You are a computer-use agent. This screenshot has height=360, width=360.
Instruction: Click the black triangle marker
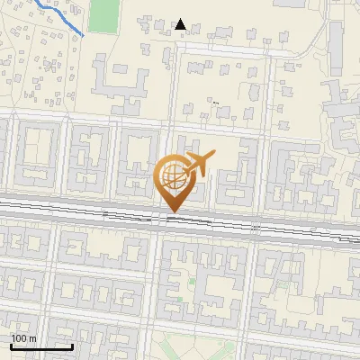click(181, 24)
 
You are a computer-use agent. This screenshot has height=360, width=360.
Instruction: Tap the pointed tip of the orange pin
click(172, 211)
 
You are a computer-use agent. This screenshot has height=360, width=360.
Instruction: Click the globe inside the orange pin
click(171, 175)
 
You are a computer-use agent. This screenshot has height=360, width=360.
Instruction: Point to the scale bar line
click(41, 346)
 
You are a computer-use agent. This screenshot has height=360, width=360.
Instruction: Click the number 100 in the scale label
click(20, 338)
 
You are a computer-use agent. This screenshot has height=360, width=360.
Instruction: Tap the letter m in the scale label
click(32, 338)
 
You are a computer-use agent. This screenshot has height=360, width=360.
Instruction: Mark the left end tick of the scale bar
click(11, 345)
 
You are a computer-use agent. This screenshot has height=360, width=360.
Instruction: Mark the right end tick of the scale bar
click(72, 345)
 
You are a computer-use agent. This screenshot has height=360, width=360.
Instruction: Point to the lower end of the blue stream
click(84, 35)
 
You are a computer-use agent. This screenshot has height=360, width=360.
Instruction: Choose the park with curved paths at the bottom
click(193, 346)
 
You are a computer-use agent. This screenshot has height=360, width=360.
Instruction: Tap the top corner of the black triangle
click(181, 19)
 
